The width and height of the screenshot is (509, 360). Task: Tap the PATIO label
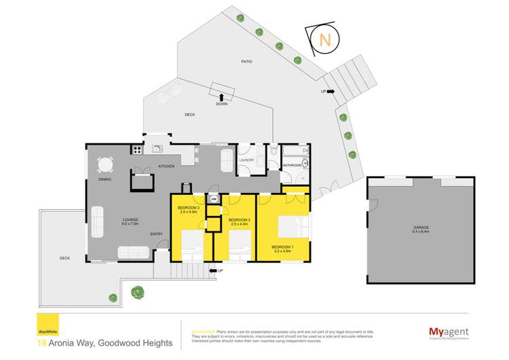[x=246, y=62]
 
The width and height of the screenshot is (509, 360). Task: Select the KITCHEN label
[x=166, y=166]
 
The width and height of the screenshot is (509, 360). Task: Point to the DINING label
[x=105, y=179]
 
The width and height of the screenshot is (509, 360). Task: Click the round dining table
[x=104, y=165]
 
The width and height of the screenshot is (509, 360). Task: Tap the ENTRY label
[x=156, y=235]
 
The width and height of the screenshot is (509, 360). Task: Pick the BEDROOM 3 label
[x=187, y=208]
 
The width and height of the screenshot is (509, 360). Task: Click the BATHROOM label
[x=292, y=165]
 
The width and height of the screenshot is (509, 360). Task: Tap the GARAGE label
[x=421, y=228]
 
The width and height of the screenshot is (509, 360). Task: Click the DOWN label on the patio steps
[x=222, y=105]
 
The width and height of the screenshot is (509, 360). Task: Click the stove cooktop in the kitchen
[x=136, y=150]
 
